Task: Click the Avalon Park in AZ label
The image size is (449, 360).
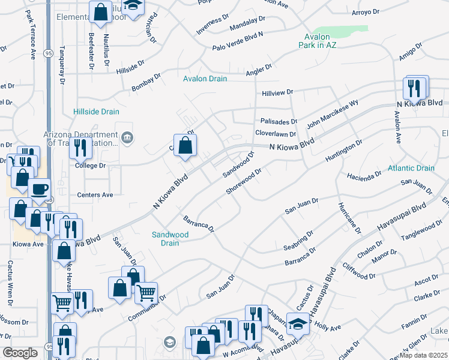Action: click(324, 41)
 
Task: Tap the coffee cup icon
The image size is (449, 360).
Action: click(40, 188)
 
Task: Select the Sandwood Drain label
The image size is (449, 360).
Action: click(166, 239)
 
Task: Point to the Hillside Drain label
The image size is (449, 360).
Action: click(96, 112)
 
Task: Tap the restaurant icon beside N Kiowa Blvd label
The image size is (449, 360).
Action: click(415, 89)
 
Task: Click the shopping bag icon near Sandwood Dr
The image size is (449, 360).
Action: click(185, 145)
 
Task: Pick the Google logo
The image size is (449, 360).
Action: click(20, 353)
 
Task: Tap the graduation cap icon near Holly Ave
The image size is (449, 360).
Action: click(298, 323)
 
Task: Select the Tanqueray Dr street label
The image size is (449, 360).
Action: click(61, 65)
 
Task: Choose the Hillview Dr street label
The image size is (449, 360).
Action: click(277, 92)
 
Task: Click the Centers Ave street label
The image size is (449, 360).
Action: click(95, 195)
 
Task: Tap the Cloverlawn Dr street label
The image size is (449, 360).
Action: click(276, 134)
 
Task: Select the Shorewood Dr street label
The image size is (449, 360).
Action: click(244, 181)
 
